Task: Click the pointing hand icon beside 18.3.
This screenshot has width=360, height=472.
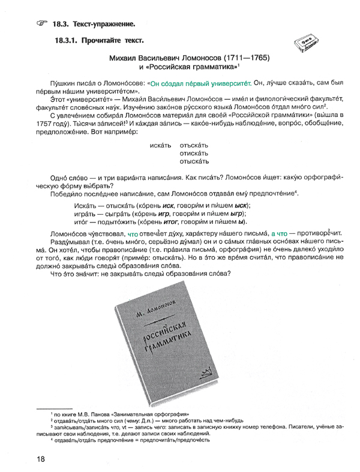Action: pos(41,23)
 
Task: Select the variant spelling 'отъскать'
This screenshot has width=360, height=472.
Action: pos(195,146)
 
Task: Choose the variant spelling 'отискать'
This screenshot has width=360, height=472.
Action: pos(195,154)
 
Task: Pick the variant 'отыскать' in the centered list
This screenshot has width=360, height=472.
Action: pos(195,162)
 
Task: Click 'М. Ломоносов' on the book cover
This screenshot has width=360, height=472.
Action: pos(166,310)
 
